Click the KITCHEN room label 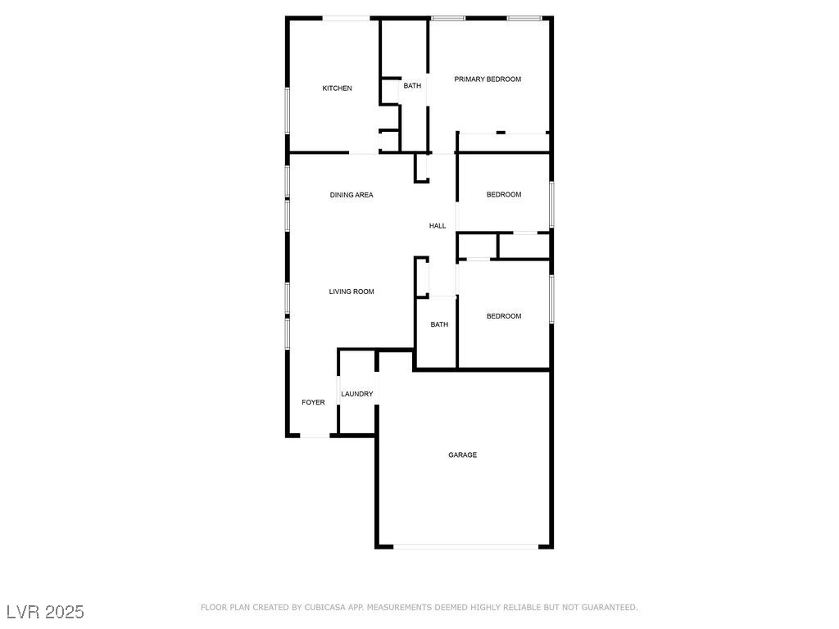point(337,88)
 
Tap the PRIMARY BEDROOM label point(488,79)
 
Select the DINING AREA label point(351,195)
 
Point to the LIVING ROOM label point(351,292)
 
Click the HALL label point(438,226)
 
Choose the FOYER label point(313,402)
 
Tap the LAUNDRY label point(357,394)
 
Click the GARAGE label point(462,455)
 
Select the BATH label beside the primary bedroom point(412,85)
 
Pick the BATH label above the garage point(440,324)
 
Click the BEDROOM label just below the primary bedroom point(504,194)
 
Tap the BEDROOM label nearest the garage point(504,316)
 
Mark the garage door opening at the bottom point(466,546)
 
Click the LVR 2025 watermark point(45,612)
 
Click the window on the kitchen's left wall point(287,110)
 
